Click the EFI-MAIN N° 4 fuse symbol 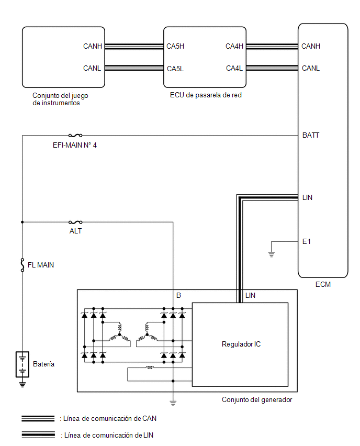pyautogui.click(x=75, y=136)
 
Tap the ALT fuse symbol pyautogui.click(x=75, y=222)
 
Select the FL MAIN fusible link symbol pyautogui.click(x=22, y=265)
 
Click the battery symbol pyautogui.click(x=22, y=364)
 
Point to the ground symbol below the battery pyautogui.click(x=22, y=384)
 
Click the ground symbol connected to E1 pyautogui.click(x=272, y=254)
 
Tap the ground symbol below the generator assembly pyautogui.click(x=173, y=403)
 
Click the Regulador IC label pyautogui.click(x=241, y=344)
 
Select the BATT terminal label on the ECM pyautogui.click(x=311, y=135)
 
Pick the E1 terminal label pyautogui.click(x=307, y=241)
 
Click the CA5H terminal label pyautogui.click(x=175, y=46)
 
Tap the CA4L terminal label pyautogui.click(x=234, y=68)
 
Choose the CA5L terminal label pyautogui.click(x=175, y=69)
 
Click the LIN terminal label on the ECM pyautogui.click(x=307, y=197)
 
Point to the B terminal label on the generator pyautogui.click(x=178, y=295)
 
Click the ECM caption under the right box pyautogui.click(x=323, y=284)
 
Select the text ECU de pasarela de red pyautogui.click(x=206, y=95)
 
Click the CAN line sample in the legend pyautogui.click(x=38, y=418)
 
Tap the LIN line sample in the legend pyautogui.click(x=38, y=435)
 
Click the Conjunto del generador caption pyautogui.click(x=257, y=399)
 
